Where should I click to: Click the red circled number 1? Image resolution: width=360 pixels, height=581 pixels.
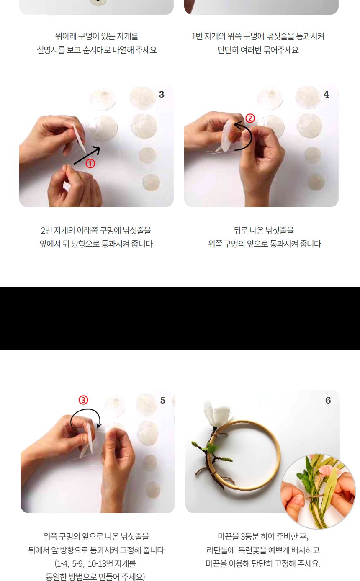90,164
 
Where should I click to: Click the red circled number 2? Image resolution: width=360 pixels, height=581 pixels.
250,118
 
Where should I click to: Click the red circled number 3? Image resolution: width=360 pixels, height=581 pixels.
84,400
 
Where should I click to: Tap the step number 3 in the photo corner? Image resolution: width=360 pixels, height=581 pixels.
162,95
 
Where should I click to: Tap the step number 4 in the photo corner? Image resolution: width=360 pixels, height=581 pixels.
327,95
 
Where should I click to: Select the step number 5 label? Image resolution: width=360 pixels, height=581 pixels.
163,401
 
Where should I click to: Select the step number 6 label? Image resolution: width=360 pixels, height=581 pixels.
328,401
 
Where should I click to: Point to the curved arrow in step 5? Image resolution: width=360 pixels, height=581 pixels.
85,418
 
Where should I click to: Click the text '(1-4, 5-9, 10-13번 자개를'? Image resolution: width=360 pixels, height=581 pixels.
96,563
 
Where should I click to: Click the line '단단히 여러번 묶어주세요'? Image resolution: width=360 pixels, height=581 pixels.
258,50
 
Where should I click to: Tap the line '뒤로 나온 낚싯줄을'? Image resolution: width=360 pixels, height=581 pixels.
264,230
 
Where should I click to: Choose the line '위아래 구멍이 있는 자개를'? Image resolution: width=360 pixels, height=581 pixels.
97,36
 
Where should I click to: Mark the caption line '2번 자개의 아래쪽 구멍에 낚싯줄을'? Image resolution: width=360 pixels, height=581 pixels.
96,230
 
